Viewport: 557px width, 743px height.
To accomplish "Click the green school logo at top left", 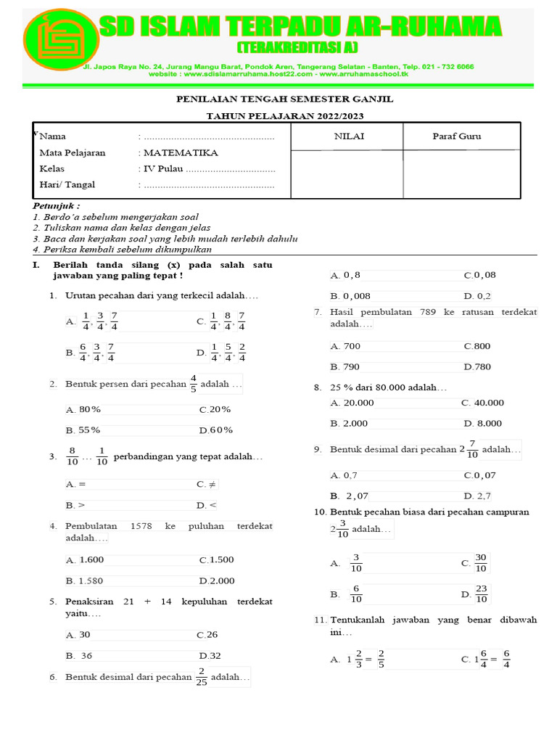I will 60,45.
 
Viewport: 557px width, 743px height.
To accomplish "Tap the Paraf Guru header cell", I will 456,136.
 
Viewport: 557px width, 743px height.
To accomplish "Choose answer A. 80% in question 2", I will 83,410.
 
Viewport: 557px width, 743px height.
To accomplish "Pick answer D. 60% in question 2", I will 216,430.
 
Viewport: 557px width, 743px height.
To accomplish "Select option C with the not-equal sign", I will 207,484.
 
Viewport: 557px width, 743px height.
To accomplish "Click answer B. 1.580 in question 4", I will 85,580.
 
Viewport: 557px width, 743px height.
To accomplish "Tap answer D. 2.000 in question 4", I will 216,580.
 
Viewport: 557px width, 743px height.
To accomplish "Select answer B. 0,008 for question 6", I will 350,296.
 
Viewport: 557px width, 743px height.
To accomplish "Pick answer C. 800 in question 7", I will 477,346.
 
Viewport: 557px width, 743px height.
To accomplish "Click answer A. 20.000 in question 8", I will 352,403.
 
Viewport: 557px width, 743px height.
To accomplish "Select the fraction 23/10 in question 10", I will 482,594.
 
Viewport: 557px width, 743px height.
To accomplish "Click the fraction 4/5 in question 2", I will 193,383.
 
